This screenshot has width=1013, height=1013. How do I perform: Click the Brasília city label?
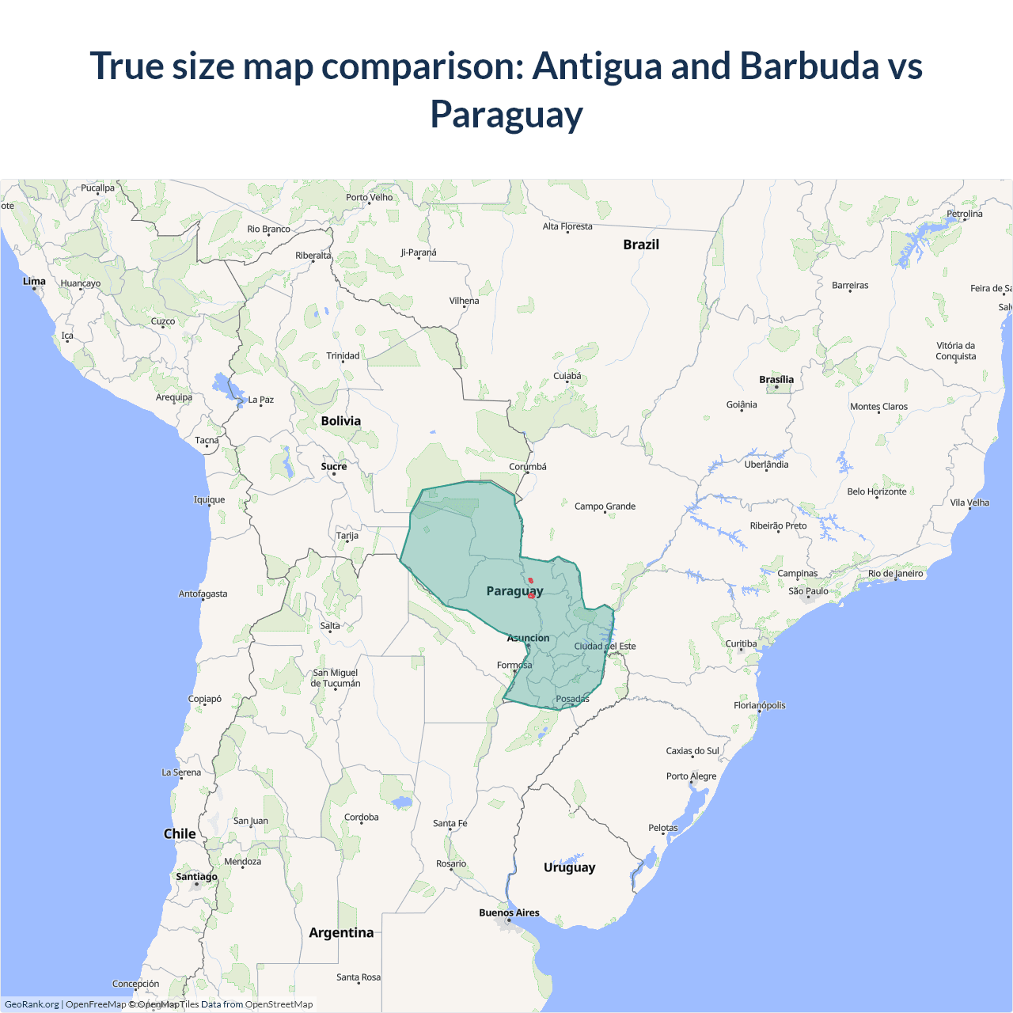(x=776, y=380)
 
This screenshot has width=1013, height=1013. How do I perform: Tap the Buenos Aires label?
(x=509, y=912)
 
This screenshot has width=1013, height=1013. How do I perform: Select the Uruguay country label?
(x=569, y=867)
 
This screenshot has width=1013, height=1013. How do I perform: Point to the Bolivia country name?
(x=340, y=421)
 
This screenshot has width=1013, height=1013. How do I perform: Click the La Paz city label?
(x=260, y=400)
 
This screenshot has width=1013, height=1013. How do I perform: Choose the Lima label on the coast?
(x=34, y=281)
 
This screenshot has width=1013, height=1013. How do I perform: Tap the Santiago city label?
(x=196, y=876)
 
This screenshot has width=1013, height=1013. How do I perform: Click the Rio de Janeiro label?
(x=895, y=574)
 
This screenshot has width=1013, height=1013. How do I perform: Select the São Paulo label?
(x=808, y=591)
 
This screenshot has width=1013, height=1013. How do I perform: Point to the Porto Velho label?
(x=369, y=197)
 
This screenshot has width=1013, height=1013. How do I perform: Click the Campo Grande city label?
(x=605, y=506)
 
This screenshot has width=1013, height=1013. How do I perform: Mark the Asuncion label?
(x=528, y=638)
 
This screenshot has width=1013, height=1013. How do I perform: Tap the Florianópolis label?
(x=759, y=705)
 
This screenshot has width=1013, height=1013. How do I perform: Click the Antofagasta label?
(x=203, y=594)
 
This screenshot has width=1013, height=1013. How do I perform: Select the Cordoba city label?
(x=361, y=818)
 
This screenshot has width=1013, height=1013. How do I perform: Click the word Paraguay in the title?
(x=506, y=114)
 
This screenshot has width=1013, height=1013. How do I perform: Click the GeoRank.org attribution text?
(x=32, y=1004)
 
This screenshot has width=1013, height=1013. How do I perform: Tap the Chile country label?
(x=180, y=833)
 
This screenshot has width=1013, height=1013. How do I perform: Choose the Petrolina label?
(x=964, y=214)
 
